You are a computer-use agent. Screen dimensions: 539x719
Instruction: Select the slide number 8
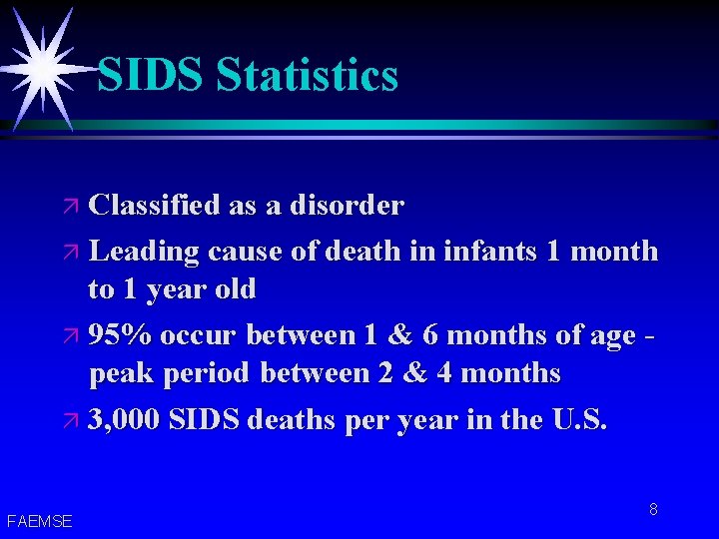(653, 509)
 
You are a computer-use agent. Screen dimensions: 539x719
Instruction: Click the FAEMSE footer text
(39, 521)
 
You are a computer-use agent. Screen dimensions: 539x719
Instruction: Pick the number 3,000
(124, 419)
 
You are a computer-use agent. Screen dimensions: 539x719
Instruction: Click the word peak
(119, 373)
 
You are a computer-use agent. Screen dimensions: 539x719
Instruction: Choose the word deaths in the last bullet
(297, 419)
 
